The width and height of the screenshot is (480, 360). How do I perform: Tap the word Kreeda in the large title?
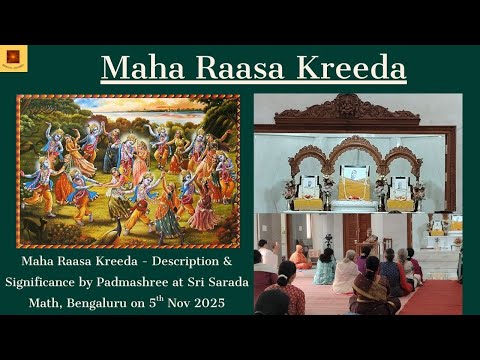[351, 68]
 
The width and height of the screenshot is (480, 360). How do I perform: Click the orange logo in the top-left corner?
[13, 58]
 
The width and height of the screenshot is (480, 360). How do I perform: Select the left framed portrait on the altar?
[308, 187]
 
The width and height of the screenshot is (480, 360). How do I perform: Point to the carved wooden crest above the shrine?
[350, 107]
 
